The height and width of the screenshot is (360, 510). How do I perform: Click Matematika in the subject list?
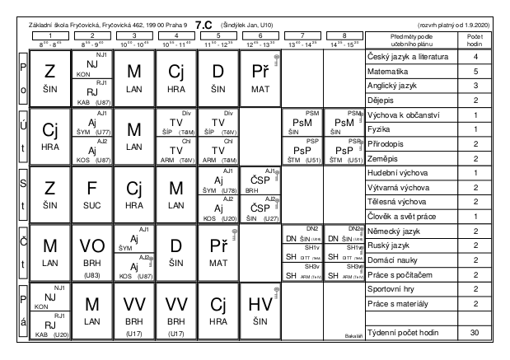pos(390,72)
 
